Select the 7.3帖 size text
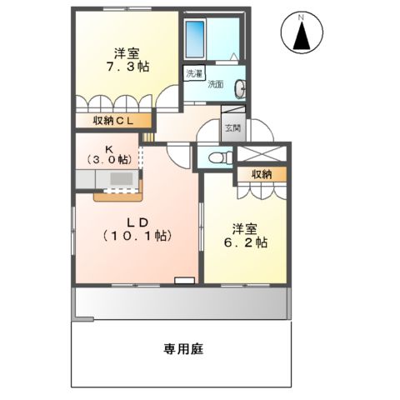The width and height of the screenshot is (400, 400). click(x=127, y=67)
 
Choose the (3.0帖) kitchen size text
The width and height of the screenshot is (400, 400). click(x=109, y=158)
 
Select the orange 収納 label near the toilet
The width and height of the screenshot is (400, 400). click(x=262, y=174)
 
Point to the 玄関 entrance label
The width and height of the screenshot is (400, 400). click(x=232, y=128)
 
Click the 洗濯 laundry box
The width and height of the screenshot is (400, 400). click(x=194, y=73)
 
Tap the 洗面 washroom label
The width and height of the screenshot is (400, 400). click(x=216, y=84)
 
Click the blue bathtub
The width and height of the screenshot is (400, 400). click(x=195, y=38)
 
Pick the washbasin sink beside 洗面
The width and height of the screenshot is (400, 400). click(x=241, y=86)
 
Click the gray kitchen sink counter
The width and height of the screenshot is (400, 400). click(x=108, y=179)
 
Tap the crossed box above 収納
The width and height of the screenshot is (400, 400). click(x=262, y=154)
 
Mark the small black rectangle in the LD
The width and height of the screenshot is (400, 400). click(x=182, y=280)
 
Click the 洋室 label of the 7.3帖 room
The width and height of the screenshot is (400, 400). click(x=127, y=52)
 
